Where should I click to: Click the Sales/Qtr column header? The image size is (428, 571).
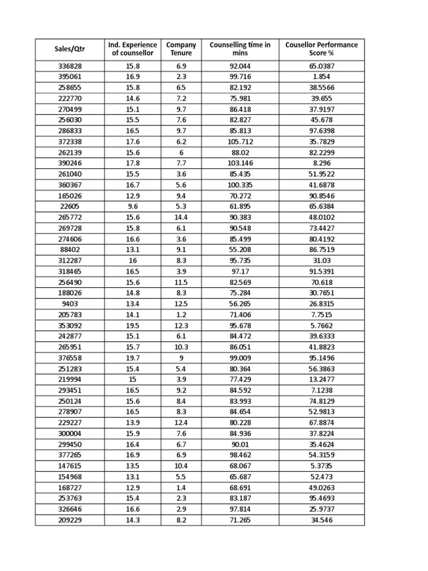tap(70, 49)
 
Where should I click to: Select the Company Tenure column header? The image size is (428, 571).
tap(181, 49)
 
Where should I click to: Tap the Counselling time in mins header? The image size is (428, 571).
tap(240, 49)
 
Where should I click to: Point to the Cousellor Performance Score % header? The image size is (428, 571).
tap(322, 49)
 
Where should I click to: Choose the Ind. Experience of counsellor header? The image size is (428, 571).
tap(132, 49)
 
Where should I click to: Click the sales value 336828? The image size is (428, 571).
tap(70, 66)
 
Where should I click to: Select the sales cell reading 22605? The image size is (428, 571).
tap(70, 206)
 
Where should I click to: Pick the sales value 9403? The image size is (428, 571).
tap(70, 304)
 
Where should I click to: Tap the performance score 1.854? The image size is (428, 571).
tap(322, 76)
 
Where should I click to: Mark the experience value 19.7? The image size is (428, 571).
tap(132, 358)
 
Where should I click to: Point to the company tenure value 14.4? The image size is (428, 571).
tap(181, 217)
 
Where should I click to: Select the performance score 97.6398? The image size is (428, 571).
tap(322, 130)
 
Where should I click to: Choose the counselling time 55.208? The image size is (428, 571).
tap(240, 250)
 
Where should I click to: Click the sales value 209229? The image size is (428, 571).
tap(70, 520)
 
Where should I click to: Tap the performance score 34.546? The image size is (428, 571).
tap(322, 520)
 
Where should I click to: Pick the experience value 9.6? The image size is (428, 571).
tap(132, 206)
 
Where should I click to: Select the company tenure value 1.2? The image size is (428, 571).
tap(181, 314)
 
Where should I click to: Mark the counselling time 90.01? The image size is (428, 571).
tap(240, 444)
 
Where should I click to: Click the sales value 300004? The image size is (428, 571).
tap(70, 434)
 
